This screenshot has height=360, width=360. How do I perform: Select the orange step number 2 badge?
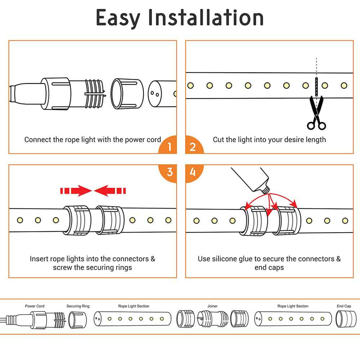tap(193, 147)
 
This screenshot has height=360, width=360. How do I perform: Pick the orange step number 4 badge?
tap(193, 172)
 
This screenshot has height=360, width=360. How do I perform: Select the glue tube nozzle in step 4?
tap(266, 188)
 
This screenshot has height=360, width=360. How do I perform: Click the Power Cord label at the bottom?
tap(35, 306)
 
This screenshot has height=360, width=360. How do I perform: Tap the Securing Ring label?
tap(78, 306)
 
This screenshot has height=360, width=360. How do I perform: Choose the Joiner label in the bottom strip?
tap(212, 306)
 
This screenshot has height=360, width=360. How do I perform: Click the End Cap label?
tap(344, 306)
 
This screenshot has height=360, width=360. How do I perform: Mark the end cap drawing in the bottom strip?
tap(343, 319)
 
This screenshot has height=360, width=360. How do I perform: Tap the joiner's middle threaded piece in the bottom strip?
tap(212, 319)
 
